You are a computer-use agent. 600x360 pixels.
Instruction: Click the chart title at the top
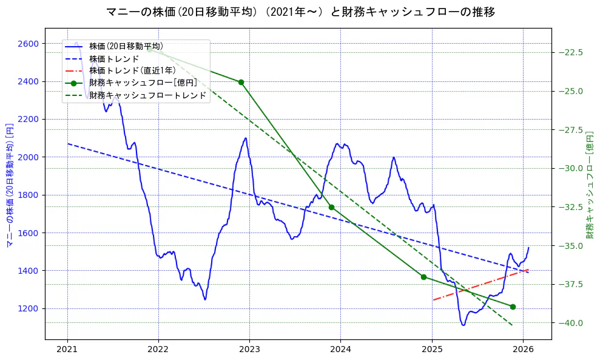pos(300,12)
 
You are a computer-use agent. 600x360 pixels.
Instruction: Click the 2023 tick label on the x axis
pos(249,350)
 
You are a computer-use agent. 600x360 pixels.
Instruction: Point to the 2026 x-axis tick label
pos(523,350)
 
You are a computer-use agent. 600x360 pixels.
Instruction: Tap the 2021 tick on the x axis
pos(67,350)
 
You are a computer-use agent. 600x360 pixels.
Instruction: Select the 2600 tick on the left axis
pos(29,44)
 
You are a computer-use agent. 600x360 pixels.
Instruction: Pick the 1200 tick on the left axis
pos(29,308)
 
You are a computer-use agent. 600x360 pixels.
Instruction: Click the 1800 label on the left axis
pos(29,195)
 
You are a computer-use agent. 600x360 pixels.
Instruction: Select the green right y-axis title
pos(589,183)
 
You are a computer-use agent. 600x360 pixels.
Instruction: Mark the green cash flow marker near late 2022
pos(241,82)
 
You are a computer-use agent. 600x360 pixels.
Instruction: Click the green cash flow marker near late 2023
pos(331,207)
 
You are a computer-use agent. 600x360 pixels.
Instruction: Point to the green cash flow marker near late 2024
pos(423,277)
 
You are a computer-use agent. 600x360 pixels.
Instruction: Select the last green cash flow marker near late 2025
pos(513,307)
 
